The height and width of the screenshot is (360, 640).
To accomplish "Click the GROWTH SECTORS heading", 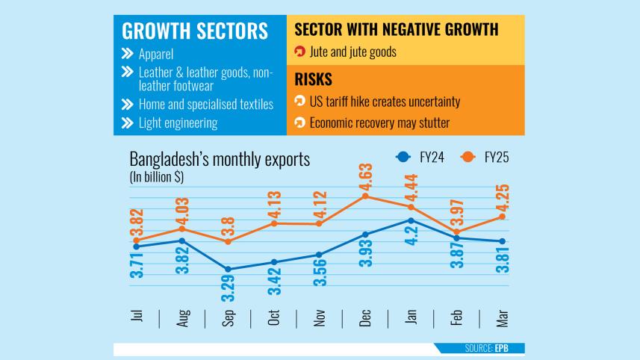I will coord(194,31).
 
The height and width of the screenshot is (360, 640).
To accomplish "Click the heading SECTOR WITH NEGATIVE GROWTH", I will coord(396,30).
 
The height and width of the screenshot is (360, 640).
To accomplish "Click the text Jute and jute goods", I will coord(352,52).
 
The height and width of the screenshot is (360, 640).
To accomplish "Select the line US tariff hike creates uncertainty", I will coord(385,102).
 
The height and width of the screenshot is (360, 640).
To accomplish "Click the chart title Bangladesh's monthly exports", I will coord(220,159).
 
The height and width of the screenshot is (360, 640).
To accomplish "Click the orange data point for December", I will coord(365,196).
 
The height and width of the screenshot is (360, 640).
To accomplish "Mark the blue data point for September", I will coord(229,269).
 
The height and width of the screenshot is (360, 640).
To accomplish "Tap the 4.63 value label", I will coord(366,170).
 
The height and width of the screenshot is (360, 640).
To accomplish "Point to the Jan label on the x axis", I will coord(411,317).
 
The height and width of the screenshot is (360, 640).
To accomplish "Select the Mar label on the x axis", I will coord(503,317).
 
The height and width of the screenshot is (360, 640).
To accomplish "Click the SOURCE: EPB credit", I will coord(495,349).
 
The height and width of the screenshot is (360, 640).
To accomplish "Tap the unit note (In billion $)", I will coord(157,177).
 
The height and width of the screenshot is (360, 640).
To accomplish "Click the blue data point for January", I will coord(411,220).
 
